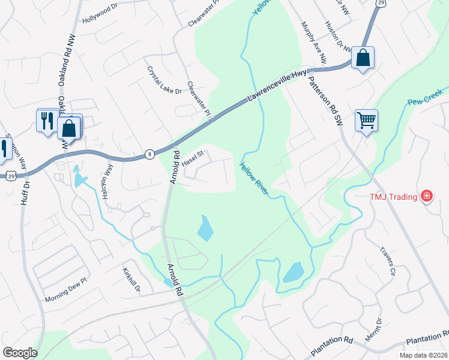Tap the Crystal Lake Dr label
164,79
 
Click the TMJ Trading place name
393,196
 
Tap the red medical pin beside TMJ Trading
427,196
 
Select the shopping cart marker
366,120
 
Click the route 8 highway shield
149,155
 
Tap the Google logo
20,353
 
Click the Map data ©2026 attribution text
423,355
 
